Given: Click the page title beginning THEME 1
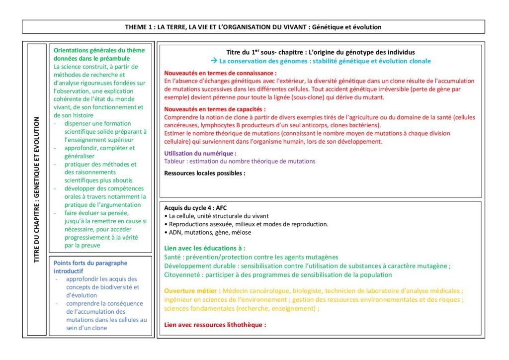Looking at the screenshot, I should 254,27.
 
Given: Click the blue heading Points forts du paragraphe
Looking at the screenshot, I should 90,267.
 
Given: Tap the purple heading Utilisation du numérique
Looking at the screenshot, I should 200,154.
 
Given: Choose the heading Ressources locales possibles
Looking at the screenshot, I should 205,173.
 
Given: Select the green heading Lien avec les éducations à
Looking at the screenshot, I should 205,248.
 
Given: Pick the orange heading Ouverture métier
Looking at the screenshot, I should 192,290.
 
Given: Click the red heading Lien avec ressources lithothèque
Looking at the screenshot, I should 215,325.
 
